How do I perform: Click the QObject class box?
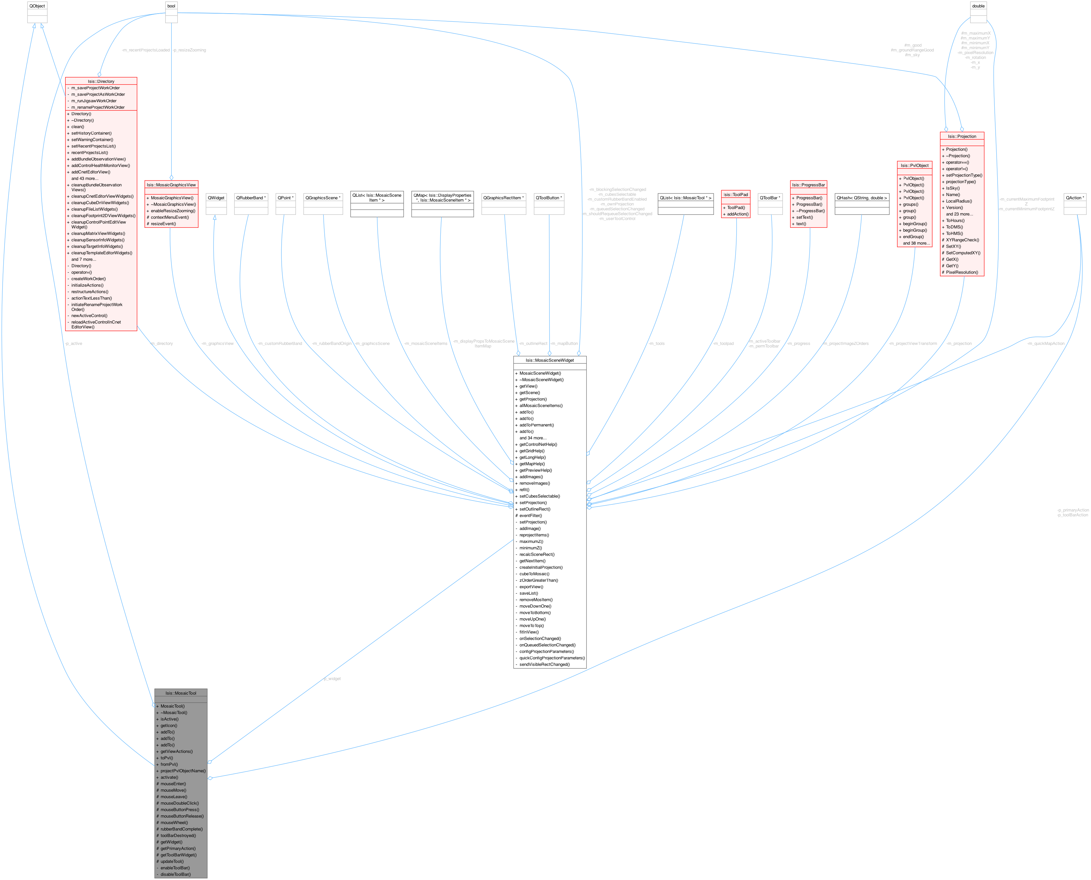click(37, 6)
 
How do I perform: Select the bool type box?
click(171, 6)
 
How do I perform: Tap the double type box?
click(978, 6)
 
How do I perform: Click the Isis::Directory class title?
click(101, 81)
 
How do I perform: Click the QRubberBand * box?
click(251, 198)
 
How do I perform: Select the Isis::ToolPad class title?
click(735, 195)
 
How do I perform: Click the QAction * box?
click(1075, 198)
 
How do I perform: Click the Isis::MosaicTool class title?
click(181, 693)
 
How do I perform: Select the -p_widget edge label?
click(332, 679)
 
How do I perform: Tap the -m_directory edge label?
click(162, 344)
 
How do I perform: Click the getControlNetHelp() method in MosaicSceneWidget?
click(538, 445)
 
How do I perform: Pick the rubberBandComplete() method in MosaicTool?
click(181, 829)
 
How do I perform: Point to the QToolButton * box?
click(548, 198)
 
